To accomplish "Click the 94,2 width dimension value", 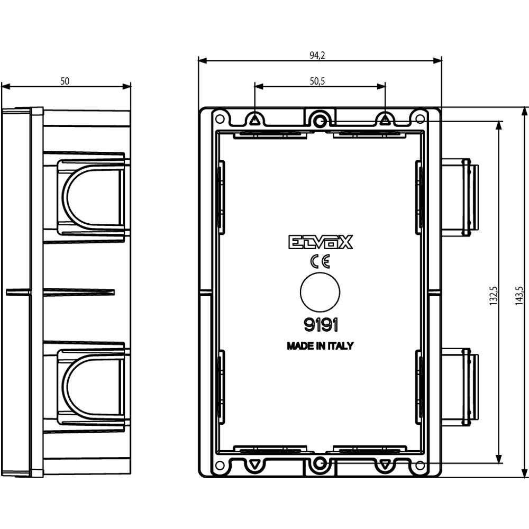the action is click(317, 56).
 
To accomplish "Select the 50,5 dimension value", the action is click(317, 81).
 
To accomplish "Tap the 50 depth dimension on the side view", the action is click(65, 81).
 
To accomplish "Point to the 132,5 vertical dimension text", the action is click(493, 296).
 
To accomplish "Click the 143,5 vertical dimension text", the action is click(519, 296).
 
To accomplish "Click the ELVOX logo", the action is click(320, 242).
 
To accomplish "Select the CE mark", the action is click(320, 261).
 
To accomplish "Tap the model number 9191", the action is click(321, 325).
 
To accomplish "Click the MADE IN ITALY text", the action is click(320, 346).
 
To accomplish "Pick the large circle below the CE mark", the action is click(320, 292).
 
